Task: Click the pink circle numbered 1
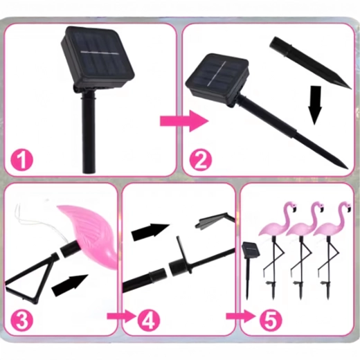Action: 22,159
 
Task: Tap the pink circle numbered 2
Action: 200,159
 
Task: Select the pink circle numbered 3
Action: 22,321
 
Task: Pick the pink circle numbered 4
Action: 149,319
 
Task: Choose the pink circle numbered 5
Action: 271,319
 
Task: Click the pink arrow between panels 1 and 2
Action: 184,121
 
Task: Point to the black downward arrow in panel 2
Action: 315,105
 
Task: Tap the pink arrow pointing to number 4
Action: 122,316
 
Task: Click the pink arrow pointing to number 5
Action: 241,316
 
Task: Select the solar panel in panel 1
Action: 98,57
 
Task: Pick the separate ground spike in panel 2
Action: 309,62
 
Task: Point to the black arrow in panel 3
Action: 70,285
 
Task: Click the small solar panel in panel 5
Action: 251,250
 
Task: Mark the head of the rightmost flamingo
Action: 345,206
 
